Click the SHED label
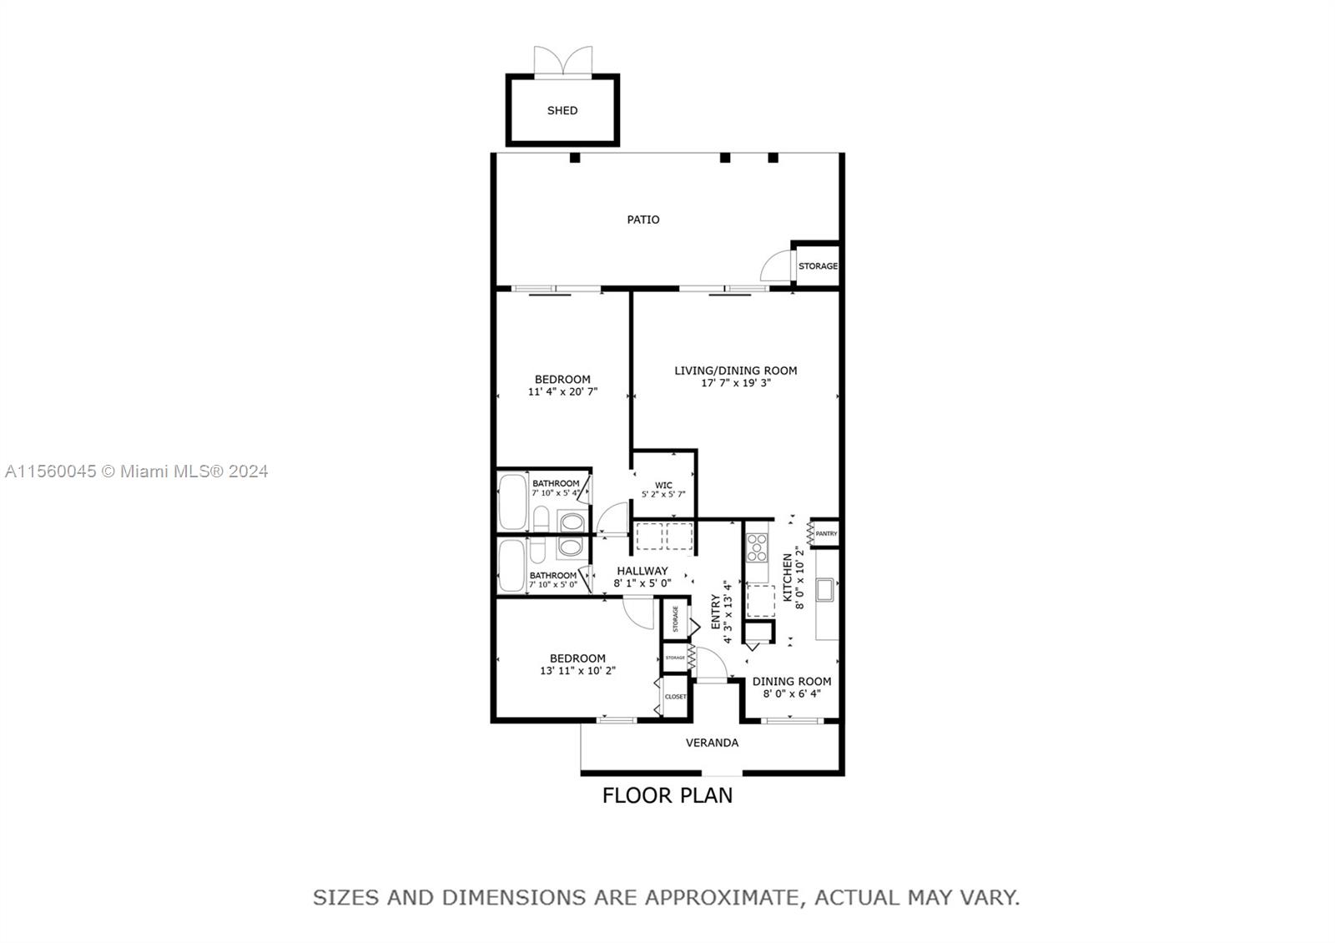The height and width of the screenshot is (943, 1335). click(x=562, y=110)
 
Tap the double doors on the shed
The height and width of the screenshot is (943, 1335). click(x=563, y=63)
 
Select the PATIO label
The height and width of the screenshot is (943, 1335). click(x=643, y=219)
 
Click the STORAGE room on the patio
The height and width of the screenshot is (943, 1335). click(x=818, y=266)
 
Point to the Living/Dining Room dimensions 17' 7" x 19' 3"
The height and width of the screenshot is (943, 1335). click(x=735, y=383)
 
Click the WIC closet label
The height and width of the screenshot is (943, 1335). click(x=663, y=485)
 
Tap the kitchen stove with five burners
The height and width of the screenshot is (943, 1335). click(x=757, y=547)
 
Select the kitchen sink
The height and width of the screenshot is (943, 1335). click(x=825, y=590)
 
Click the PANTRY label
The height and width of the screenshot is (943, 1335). click(x=826, y=533)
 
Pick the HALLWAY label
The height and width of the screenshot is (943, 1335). click(x=642, y=571)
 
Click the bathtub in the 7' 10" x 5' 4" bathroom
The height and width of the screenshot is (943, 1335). click(x=512, y=502)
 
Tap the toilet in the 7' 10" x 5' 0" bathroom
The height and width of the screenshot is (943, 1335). click(x=538, y=550)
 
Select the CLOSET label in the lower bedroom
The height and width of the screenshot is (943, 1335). click(x=676, y=696)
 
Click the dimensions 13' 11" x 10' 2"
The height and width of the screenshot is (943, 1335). click(x=577, y=670)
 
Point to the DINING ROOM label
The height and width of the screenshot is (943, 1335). click(x=791, y=681)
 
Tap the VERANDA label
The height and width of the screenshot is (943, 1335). click(x=712, y=743)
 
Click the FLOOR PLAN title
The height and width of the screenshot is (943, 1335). click(x=667, y=795)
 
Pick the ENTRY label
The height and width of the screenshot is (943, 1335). click(x=715, y=612)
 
